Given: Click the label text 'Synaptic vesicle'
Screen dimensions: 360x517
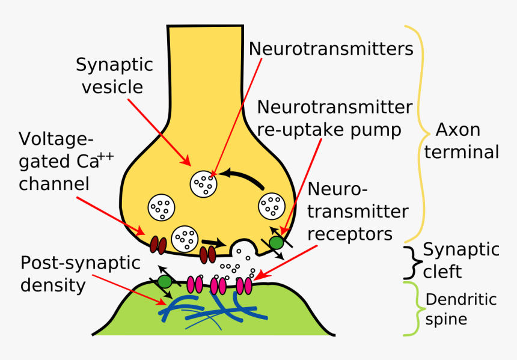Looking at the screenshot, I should point(114,76).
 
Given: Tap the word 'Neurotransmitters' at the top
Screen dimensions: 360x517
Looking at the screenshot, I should point(331,49).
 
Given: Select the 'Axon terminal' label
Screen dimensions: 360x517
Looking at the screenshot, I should point(460,141).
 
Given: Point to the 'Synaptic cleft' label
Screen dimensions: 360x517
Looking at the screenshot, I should point(460,260).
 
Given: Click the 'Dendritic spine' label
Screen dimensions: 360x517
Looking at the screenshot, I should point(460,308).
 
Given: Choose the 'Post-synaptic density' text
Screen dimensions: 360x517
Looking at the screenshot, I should point(80,273).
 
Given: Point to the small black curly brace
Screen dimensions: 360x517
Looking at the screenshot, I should point(411,260).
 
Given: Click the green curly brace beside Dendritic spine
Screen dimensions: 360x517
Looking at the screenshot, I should point(411,308).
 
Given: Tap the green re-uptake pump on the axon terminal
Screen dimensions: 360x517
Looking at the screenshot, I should point(276,242).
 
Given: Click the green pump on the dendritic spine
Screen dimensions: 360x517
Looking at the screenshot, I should point(165,281).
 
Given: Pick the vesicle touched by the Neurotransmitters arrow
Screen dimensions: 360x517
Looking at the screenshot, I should point(204,183).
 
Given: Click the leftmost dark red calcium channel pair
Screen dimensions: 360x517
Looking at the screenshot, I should point(158,245).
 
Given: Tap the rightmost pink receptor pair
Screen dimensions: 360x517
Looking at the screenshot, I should point(243,285).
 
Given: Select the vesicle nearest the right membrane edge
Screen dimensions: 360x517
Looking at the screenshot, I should point(272,207).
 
